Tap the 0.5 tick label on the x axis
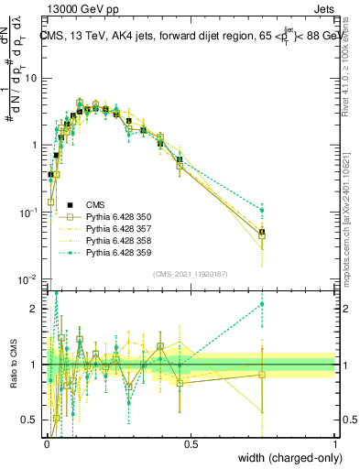tap(191, 443)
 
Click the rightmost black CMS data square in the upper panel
tap(262, 233)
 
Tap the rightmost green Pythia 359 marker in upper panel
tap(262, 210)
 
